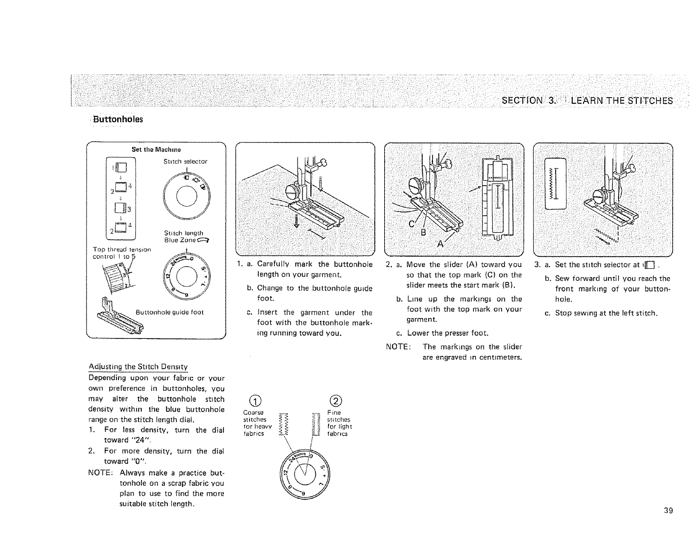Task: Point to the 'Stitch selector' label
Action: coord(185,162)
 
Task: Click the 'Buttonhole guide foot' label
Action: coord(169,312)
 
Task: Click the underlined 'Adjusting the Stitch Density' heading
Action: coord(138,366)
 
